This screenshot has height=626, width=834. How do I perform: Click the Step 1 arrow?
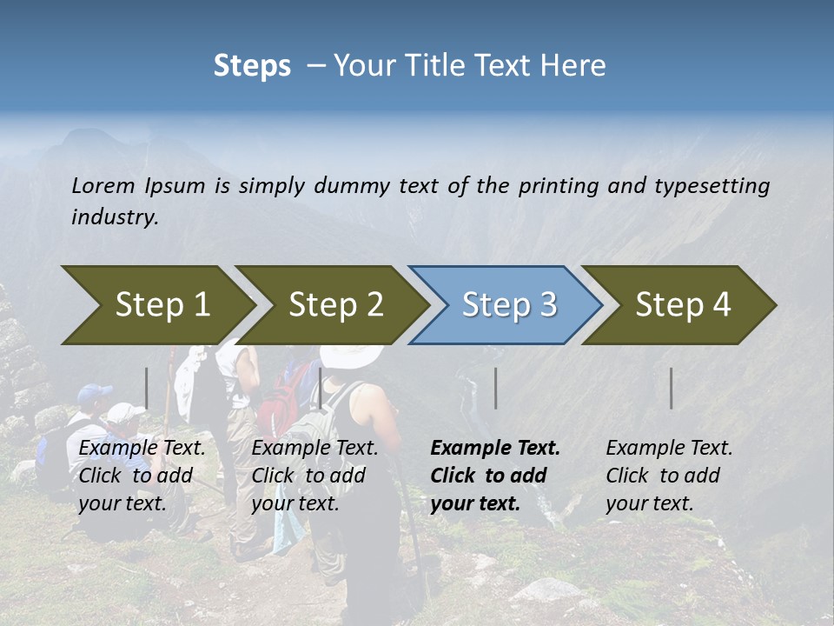click(x=156, y=305)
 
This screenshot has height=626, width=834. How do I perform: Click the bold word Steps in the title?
click(x=252, y=65)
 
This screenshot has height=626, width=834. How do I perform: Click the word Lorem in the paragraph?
click(x=103, y=185)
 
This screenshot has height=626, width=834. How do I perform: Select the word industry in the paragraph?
click(x=114, y=216)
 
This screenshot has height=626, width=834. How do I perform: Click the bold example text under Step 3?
click(x=493, y=476)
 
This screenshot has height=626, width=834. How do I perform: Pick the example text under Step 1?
click(x=141, y=476)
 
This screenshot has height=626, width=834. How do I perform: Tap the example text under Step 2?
click(x=314, y=476)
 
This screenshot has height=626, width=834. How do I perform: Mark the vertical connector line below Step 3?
click(x=496, y=388)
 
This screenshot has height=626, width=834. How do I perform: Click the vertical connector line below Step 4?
click(x=671, y=388)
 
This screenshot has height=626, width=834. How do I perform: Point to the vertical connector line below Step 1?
click(x=147, y=388)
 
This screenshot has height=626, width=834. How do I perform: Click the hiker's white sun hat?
click(x=351, y=355)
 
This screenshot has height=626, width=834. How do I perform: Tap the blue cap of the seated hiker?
click(x=94, y=396)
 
